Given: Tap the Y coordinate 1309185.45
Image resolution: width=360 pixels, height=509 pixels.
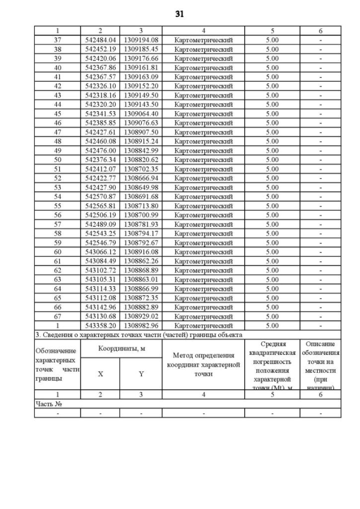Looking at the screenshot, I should click(141, 49).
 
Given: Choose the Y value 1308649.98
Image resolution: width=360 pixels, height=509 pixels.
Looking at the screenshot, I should click(141, 187).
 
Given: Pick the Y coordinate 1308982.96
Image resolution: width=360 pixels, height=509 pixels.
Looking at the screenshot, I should click(141, 326).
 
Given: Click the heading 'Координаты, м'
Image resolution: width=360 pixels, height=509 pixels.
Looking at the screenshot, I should click(121, 349).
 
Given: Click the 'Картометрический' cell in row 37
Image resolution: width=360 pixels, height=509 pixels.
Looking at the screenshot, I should click(204, 40).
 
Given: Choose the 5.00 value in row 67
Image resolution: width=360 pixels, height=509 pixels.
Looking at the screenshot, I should click(272, 317).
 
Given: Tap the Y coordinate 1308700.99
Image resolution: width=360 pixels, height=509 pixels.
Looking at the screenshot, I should click(141, 215).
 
